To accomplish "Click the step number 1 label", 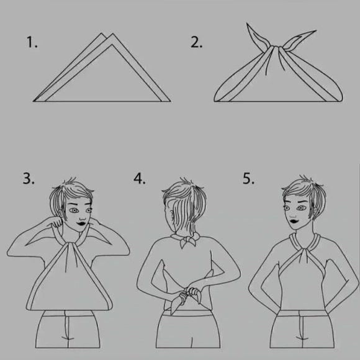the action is coord(32,42).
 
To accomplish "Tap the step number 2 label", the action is coord(197,42).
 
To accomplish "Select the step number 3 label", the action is coord(29,178).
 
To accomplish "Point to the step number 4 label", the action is coord(140,178).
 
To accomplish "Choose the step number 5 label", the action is coord(249,178).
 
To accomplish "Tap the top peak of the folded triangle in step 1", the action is coord(112,34).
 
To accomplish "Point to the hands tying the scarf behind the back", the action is coord(190,294).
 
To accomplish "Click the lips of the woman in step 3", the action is coord(81,223).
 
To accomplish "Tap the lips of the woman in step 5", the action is coord(294,222).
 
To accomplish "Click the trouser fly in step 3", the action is coord(66,328).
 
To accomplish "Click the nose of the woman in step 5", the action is coord(292,215).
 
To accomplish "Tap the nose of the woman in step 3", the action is coord(83,217).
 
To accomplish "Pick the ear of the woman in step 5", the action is coord(318,211).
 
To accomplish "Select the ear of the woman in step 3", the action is coord(60,214).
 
